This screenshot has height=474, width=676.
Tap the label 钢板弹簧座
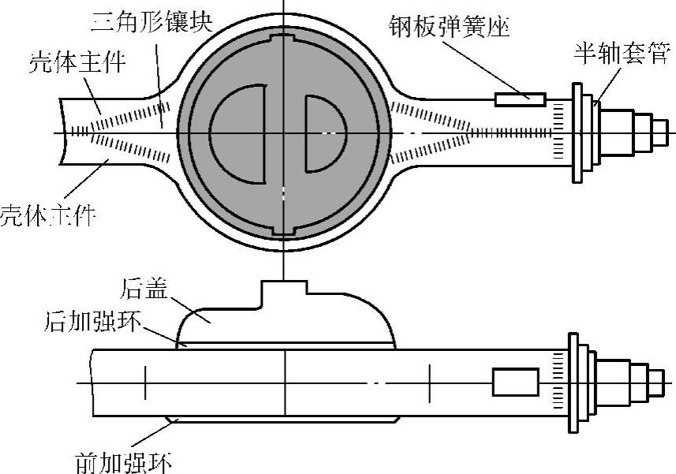(450, 28)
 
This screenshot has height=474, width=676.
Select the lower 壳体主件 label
(47, 213)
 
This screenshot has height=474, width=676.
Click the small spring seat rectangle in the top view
(520, 99)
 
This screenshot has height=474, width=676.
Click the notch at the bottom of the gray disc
(284, 230)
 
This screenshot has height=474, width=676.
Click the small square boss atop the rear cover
(284, 292)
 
